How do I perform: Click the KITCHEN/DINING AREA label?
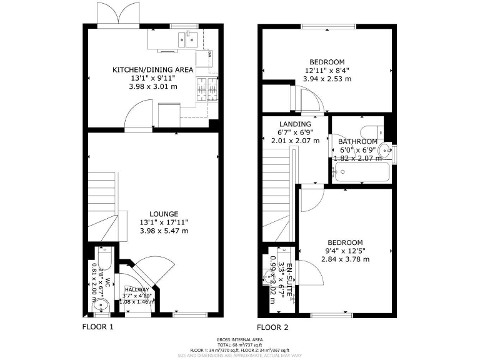153,69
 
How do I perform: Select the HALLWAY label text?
136,290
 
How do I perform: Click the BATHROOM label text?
357,142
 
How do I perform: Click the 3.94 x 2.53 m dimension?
327,79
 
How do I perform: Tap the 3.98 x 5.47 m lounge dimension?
163,231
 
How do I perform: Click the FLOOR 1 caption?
98,326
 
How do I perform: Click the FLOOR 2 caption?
273,326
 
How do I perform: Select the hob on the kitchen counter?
207,90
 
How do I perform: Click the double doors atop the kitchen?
114,14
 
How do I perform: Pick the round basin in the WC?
101,306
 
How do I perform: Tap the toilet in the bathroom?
375,131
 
